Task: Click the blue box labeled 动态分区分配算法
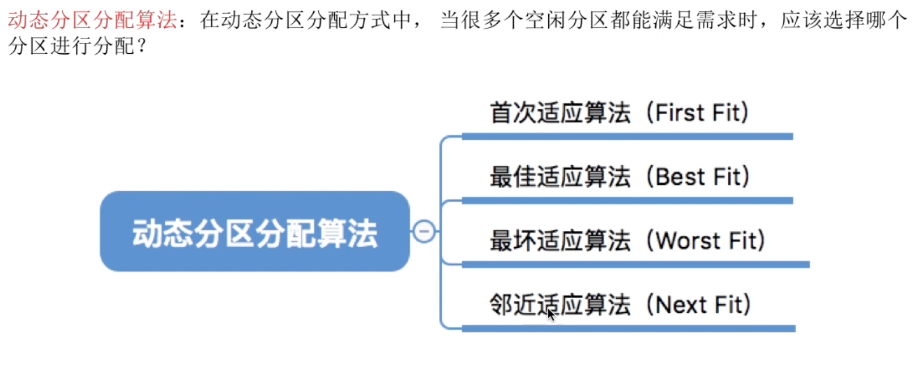pos(255,231)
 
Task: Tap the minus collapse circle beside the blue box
pos(424,231)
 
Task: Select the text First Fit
pos(701,113)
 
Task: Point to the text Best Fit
pos(702,176)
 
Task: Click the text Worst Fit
pos(710,241)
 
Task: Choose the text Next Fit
pos(703,305)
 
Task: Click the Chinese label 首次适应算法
pos(560,113)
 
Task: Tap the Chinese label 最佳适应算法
pos(560,176)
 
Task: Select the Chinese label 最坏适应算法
pos(560,241)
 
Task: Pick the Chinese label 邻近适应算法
pos(560,305)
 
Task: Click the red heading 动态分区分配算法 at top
pos(93,20)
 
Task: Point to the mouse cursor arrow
pos(551,315)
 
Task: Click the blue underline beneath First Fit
pos(628,136)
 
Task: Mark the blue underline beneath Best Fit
pos(628,201)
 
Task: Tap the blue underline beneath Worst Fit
pos(635,264)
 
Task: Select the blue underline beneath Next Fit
pos(629,329)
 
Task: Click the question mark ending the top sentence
pos(142,46)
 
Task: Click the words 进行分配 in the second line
pos(93,46)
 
